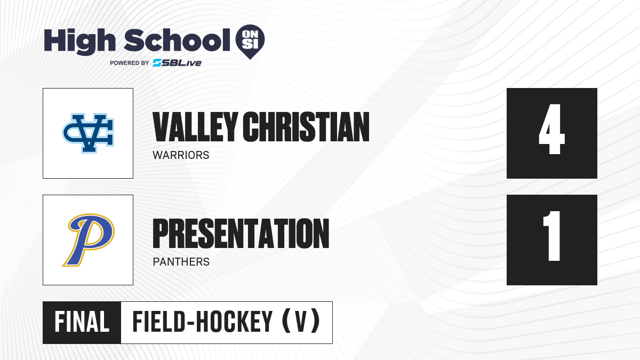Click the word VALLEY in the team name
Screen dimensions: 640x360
click(195, 127)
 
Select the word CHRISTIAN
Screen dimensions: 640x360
click(306, 127)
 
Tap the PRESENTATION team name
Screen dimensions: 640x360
click(241, 234)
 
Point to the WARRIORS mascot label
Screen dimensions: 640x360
click(181, 155)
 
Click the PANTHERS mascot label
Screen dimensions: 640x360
click(181, 262)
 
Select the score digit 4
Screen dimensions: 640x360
click(551, 129)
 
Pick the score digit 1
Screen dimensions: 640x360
click(552, 236)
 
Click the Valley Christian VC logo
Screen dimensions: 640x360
click(88, 133)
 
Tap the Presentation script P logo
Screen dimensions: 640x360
click(89, 240)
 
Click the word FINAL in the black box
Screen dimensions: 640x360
click(82, 322)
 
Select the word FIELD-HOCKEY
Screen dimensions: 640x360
click(202, 322)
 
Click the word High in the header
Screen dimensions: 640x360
click(79, 41)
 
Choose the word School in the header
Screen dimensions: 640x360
click(177, 40)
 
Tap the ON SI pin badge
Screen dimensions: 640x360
click(250, 42)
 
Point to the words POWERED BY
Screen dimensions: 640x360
click(130, 63)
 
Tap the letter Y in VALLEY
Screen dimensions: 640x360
click(230, 127)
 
